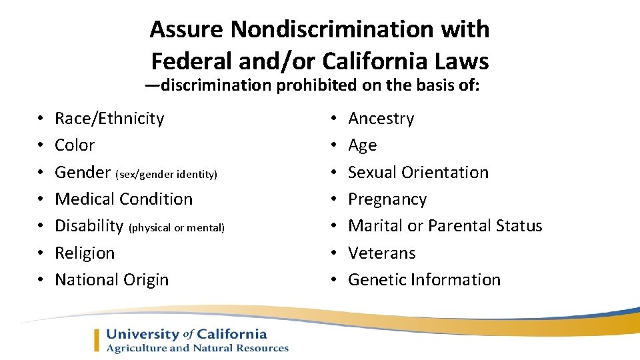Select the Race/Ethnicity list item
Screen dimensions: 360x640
pos(109,119)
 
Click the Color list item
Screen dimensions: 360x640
pos(75,145)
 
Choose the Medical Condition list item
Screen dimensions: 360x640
pos(123,199)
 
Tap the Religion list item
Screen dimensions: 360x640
pos(85,253)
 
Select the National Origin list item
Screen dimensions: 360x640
pos(111,280)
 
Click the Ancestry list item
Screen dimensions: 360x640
pos(381,119)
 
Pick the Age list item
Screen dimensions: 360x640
pos(362,146)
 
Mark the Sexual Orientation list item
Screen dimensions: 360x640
pos(418,173)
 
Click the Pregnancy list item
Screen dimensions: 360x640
pos(387,200)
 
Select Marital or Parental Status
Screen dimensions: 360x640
pos(445,226)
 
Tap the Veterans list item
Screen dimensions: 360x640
pos(381,253)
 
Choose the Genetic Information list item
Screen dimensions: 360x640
pos(424,280)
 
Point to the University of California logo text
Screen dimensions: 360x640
pos(186,334)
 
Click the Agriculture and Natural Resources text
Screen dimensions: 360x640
pos(197,348)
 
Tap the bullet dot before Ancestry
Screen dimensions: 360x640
pos(335,119)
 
